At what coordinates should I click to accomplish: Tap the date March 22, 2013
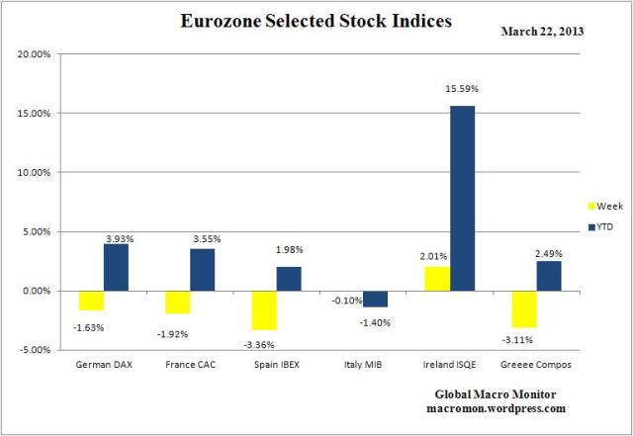point(542,31)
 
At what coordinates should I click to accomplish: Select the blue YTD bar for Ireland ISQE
point(462,198)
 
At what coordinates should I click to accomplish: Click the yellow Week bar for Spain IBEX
point(264,309)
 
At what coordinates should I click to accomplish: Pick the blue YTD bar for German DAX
point(116,267)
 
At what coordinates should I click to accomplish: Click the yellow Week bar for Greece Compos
point(523,308)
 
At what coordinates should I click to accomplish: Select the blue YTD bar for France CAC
point(203,269)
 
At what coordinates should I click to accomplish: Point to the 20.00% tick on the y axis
point(35,54)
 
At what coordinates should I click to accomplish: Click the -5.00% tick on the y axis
point(35,350)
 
